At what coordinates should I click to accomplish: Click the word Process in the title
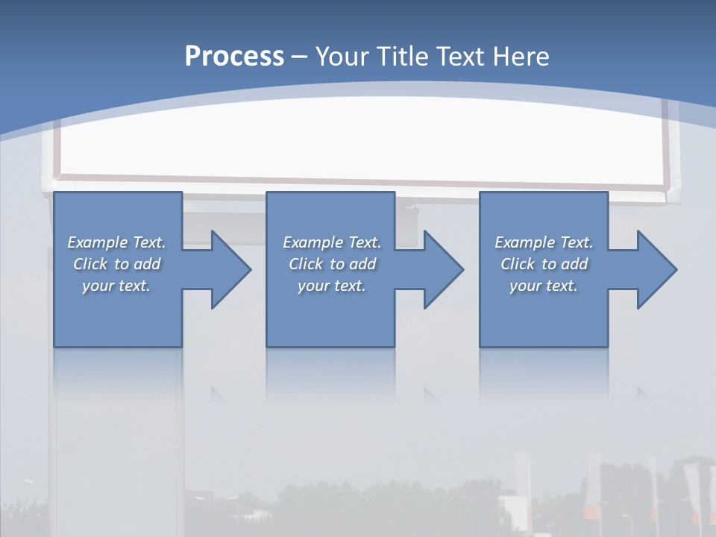tap(234, 57)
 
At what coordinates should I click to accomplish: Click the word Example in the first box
tap(98, 242)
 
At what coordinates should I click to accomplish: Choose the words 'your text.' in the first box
tap(116, 286)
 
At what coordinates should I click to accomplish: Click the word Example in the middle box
tap(313, 242)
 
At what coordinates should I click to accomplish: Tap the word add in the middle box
tap(362, 264)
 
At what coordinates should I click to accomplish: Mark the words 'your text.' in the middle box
tap(332, 286)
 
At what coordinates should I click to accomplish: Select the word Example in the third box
tap(525, 242)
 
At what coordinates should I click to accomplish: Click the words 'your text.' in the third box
tap(544, 286)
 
